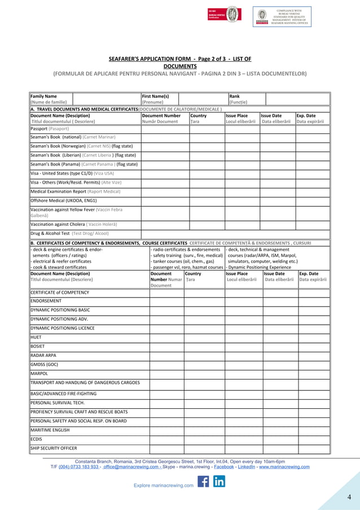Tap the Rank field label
pos(235,96)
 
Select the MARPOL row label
pos(39,373)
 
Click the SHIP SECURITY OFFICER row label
pos(53,448)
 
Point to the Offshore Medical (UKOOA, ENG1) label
pos(63,200)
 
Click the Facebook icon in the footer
pos(203,482)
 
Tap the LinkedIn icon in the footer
pos(219,482)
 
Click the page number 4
pos(349,497)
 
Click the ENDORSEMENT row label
pos(46,301)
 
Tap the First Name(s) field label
pos(159,96)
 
